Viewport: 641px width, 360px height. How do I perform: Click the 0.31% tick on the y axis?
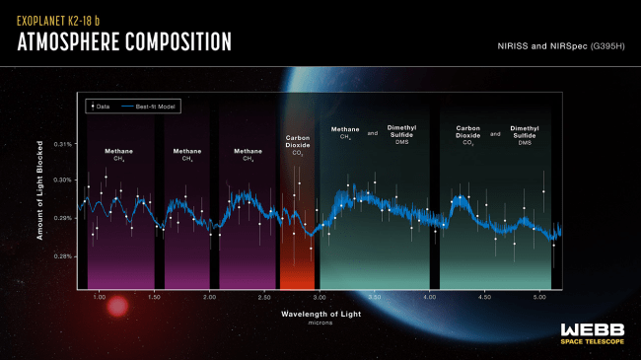63,143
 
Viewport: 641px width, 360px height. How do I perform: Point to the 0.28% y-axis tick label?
63,256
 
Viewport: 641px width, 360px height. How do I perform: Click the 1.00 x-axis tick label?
99,296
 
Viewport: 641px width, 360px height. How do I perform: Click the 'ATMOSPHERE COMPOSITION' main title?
124,42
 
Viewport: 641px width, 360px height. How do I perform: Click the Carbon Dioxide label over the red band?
298,145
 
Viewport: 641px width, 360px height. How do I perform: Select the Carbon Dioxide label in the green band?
467,135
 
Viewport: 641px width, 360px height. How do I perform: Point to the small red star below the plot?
116,308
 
